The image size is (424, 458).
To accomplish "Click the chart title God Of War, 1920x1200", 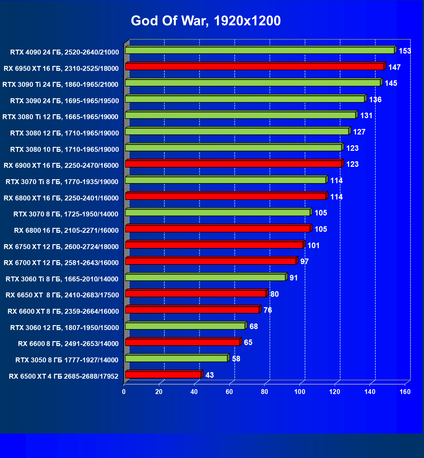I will tap(205, 21).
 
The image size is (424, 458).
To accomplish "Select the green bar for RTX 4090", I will tap(260, 50).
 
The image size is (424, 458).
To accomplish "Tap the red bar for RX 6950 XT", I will tap(254, 67).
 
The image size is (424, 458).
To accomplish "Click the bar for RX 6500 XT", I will tap(163, 375).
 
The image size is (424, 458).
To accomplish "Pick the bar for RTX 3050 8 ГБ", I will tap(176, 358).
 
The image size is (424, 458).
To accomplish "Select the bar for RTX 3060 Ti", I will tap(205, 277).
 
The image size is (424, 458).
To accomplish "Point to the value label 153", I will tap(405, 51).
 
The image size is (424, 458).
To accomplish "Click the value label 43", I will tap(210, 375).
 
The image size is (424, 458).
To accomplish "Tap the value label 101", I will tap(313, 245).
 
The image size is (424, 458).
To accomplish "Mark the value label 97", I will tap(304, 261).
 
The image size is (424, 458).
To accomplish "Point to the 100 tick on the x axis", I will tap(300, 392).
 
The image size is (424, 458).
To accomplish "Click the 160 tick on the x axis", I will tap(405, 392).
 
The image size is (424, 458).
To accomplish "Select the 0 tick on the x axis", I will tap(124, 392).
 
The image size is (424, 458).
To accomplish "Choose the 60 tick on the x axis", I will tap(229, 392).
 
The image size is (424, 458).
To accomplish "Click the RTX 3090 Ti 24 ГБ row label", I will tap(60, 85).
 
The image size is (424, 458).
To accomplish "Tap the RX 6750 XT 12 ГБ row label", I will tap(61, 247).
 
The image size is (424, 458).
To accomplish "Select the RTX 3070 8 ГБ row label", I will tap(66, 214).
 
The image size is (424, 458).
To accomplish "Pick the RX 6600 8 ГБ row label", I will tap(68, 344).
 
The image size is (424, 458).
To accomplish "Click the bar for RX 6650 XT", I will tap(196, 293).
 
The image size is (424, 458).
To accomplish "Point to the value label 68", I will tap(253, 326).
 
